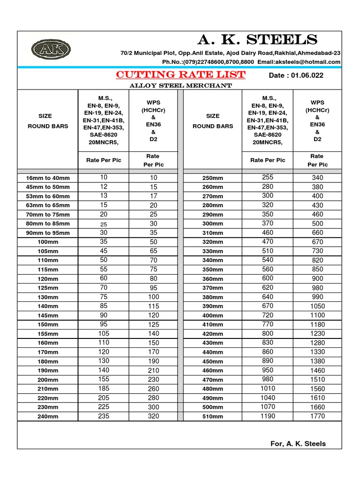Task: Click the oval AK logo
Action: [48, 49]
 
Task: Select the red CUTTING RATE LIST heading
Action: [180, 75]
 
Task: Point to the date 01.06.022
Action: [296, 75]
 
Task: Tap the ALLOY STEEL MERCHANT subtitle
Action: [180, 85]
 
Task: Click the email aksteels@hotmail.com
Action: [305, 62]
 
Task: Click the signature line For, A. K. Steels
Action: [298, 443]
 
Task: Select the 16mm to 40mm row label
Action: [47, 178]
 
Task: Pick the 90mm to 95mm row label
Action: [47, 233]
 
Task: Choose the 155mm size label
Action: [47, 334]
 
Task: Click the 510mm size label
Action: [212, 416]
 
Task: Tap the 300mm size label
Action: [212, 224]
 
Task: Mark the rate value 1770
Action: [317, 416]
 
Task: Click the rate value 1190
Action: [268, 416]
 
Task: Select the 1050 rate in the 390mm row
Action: [317, 306]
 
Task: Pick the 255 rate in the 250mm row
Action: [268, 178]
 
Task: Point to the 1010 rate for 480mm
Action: [268, 389]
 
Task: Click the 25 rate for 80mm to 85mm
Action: [104, 224]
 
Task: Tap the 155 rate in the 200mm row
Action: [104, 379]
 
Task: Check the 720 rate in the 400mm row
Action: [268, 315]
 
